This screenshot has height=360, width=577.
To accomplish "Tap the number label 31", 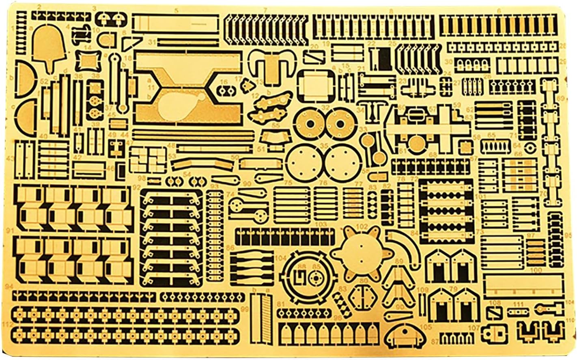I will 152,42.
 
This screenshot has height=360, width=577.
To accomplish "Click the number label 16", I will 224,82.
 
